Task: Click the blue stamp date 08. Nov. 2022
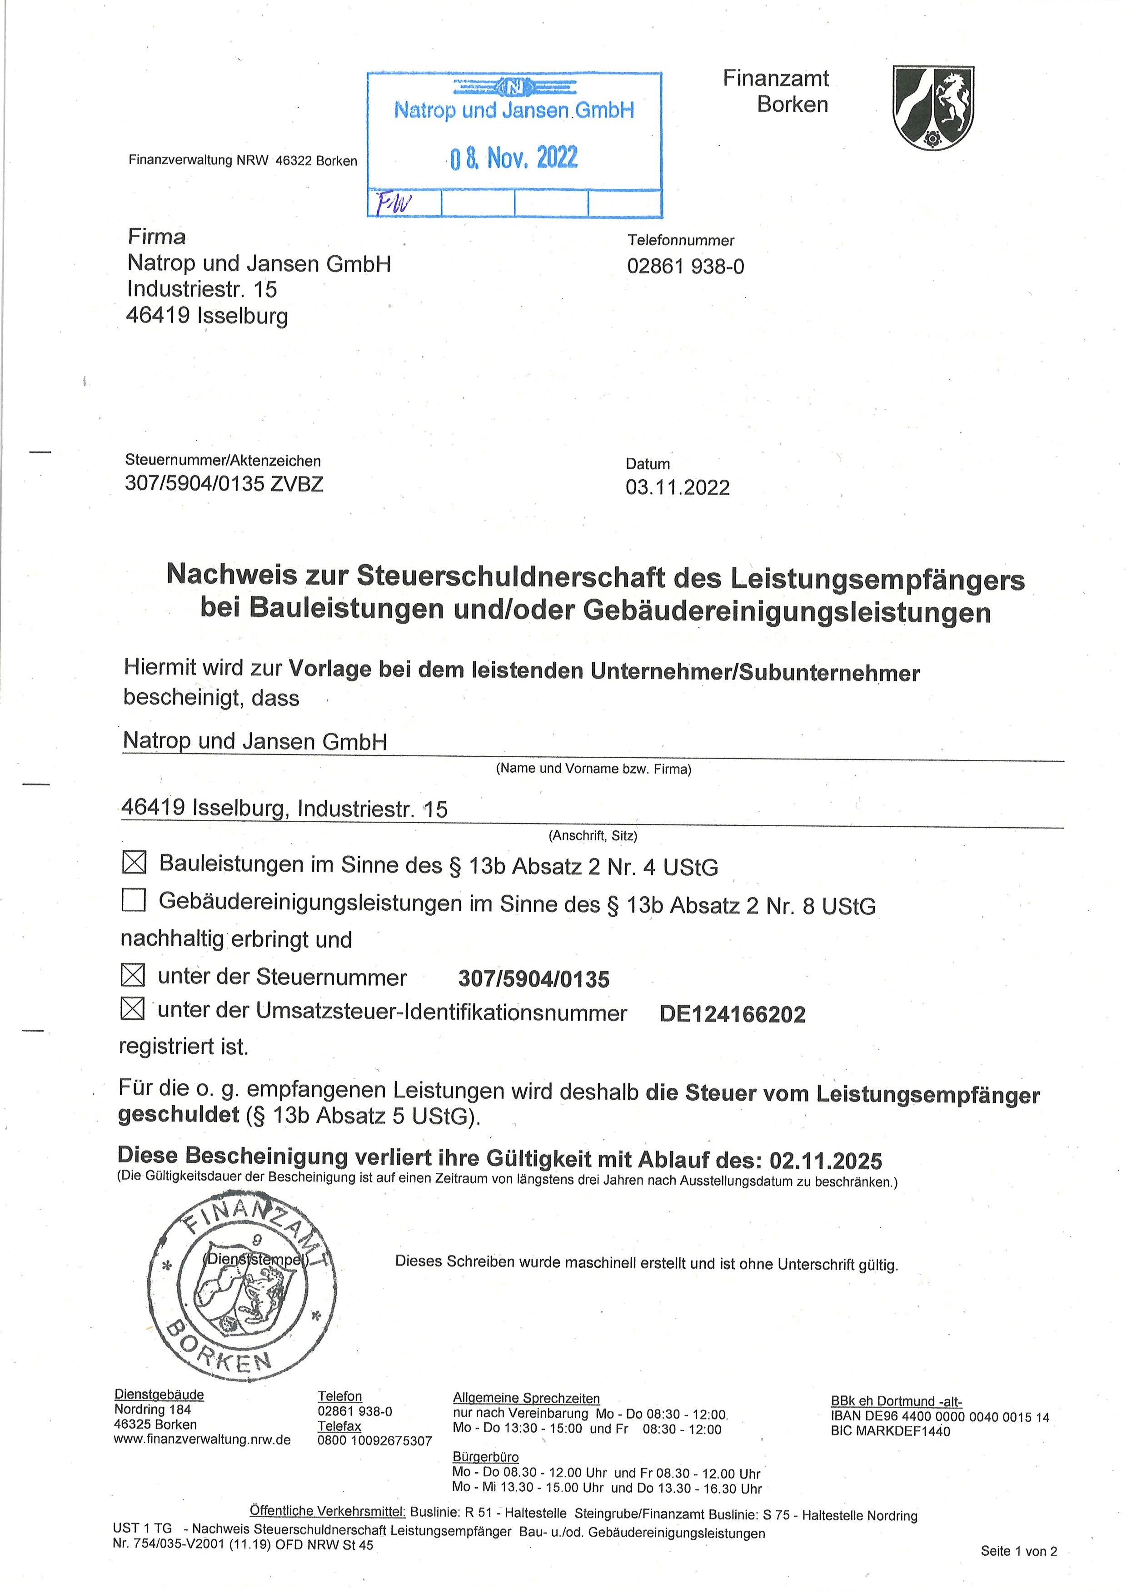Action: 514,158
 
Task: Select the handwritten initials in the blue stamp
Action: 394,203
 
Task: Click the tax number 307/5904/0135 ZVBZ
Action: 224,484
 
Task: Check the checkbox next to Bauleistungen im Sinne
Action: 134,863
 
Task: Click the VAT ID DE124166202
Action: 732,1014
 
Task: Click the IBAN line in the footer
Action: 940,1417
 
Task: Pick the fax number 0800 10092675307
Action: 375,1441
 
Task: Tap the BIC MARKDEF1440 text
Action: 890,1431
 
